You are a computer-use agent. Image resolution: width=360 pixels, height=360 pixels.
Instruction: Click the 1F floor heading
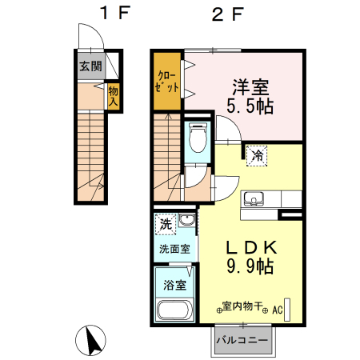coord(110,14)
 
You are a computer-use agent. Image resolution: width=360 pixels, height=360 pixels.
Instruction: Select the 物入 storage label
coord(114,96)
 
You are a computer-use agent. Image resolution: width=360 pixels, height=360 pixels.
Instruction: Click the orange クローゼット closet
coord(166,80)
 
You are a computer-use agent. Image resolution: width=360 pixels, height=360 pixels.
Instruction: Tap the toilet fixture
coord(198,138)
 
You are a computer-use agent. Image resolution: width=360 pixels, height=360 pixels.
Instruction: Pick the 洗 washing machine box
coord(165,222)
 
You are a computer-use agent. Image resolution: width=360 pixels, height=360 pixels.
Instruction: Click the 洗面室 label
coord(174,249)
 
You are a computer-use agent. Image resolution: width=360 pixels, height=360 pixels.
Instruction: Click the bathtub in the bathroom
coord(173,310)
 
